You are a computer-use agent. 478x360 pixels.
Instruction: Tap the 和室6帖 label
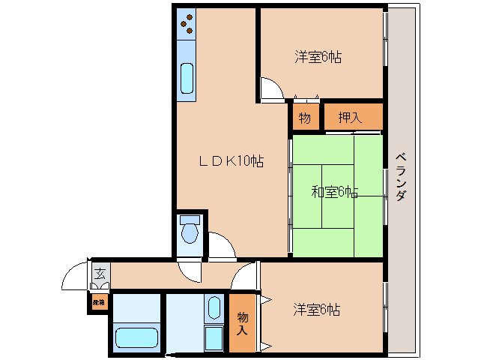334,192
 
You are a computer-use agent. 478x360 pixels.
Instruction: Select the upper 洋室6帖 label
318,56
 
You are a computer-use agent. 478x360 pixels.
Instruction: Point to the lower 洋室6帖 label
317,309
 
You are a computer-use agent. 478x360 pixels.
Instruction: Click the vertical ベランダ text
401,176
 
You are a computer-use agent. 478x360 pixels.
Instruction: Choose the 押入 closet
352,116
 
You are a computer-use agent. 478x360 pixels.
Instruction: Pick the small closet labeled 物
305,117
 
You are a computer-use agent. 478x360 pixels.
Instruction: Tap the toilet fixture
190,232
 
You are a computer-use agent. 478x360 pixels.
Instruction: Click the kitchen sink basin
187,77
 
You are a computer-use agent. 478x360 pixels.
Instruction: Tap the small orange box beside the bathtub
98,303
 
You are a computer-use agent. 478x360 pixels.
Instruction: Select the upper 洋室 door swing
271,90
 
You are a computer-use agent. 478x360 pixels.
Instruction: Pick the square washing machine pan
214,338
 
